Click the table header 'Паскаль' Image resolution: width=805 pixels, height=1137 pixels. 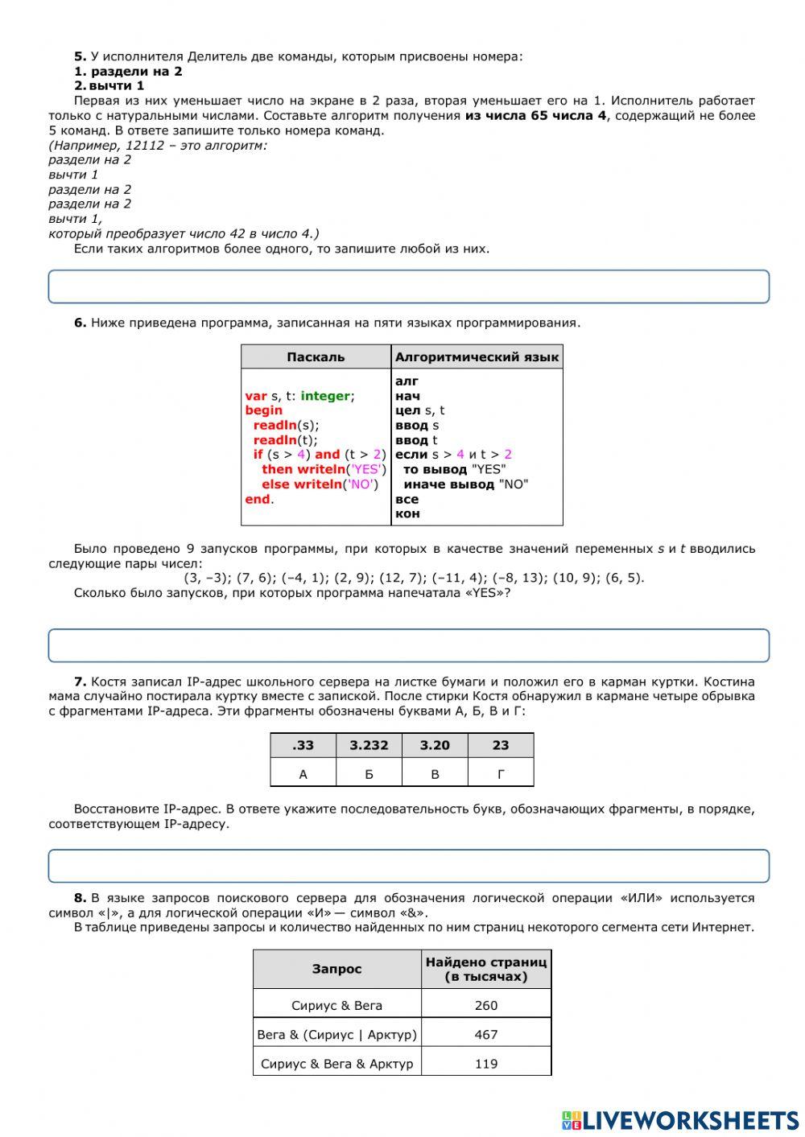tap(316, 356)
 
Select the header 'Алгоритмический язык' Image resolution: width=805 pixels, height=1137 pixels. tap(477, 356)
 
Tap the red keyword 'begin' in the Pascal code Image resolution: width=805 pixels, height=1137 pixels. tap(263, 410)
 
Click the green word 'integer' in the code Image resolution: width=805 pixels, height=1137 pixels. tap(325, 396)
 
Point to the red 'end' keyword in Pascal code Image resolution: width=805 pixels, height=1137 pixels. tap(258, 499)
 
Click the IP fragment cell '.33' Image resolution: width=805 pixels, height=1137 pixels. tap(303, 745)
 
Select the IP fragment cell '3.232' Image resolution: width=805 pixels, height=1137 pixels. tap(369, 745)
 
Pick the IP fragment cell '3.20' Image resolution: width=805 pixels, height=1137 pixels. tap(435, 745)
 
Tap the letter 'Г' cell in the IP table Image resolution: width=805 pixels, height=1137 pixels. tap(501, 774)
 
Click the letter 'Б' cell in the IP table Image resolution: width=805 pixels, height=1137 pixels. tap(369, 774)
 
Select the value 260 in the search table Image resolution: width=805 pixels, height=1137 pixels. tap(486, 1005)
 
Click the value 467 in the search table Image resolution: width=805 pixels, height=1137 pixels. tap(486, 1034)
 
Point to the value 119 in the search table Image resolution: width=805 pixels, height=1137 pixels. tap(486, 1063)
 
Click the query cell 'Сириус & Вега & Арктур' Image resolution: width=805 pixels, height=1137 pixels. tap(337, 1063)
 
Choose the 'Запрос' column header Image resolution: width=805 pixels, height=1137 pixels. tap(337, 969)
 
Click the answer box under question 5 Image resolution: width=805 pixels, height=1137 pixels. tap(408, 286)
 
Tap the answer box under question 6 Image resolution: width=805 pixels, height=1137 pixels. tap(408, 645)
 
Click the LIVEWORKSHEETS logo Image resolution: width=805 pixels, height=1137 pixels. tap(680, 1119)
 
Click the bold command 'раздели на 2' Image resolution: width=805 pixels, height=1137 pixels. tap(136, 71)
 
